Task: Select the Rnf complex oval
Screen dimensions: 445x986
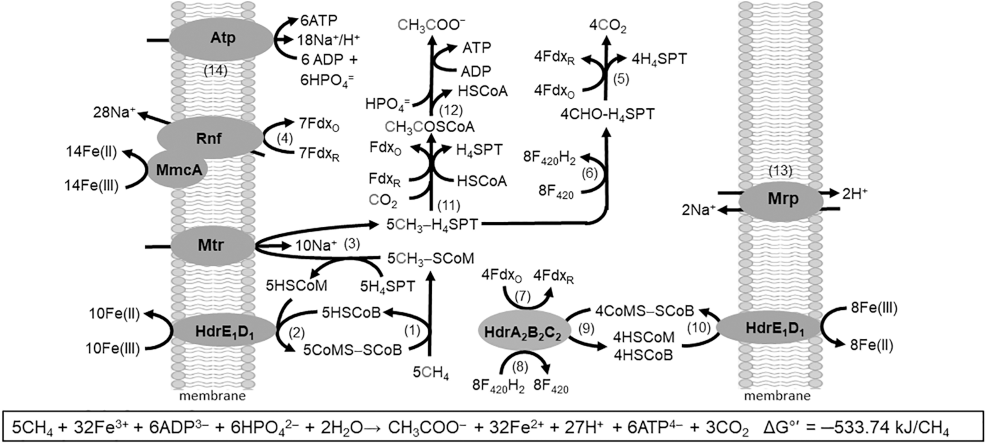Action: coord(209,138)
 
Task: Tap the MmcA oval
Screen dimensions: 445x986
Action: coord(178,170)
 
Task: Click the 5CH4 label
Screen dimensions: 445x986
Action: coord(430,372)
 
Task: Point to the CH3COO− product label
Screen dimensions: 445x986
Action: coord(431,25)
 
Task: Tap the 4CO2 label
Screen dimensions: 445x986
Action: coord(607,26)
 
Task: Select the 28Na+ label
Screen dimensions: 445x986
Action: coord(114,112)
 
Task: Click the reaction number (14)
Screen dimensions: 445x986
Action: coord(215,71)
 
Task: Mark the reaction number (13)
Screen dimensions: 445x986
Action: coord(780,170)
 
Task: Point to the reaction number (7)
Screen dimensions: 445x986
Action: coord(523,296)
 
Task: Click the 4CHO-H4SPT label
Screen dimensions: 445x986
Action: coord(607,114)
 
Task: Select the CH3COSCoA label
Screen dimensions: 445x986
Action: coord(430,127)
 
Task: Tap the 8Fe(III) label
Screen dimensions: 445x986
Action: coord(874,308)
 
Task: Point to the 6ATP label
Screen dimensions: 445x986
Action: coord(319,20)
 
